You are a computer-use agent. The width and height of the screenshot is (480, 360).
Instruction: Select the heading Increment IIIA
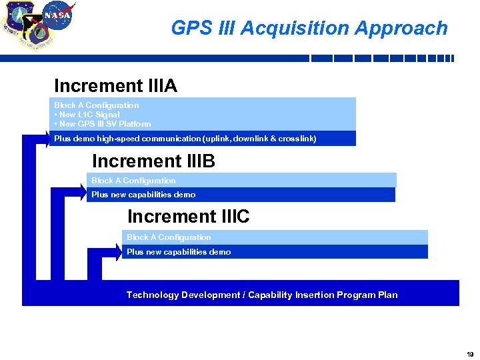[115, 86]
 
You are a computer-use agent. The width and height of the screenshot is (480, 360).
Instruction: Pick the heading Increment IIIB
[153, 161]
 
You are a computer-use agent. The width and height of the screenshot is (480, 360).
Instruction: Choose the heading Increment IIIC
[188, 217]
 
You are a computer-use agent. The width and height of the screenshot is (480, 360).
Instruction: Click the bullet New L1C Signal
[87, 115]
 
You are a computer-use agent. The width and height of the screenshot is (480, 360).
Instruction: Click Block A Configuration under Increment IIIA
[97, 105]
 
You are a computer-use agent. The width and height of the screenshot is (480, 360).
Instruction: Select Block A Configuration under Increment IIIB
[133, 181]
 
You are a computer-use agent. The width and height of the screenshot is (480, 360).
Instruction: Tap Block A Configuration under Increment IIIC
[169, 237]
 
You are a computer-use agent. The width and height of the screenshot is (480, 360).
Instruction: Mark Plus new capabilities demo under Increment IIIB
[143, 195]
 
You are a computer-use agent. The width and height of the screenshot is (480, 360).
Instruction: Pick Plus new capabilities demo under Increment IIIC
[179, 252]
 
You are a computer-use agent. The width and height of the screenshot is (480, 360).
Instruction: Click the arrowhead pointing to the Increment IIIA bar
[45, 139]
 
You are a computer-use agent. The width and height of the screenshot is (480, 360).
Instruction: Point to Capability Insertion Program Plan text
[323, 295]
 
